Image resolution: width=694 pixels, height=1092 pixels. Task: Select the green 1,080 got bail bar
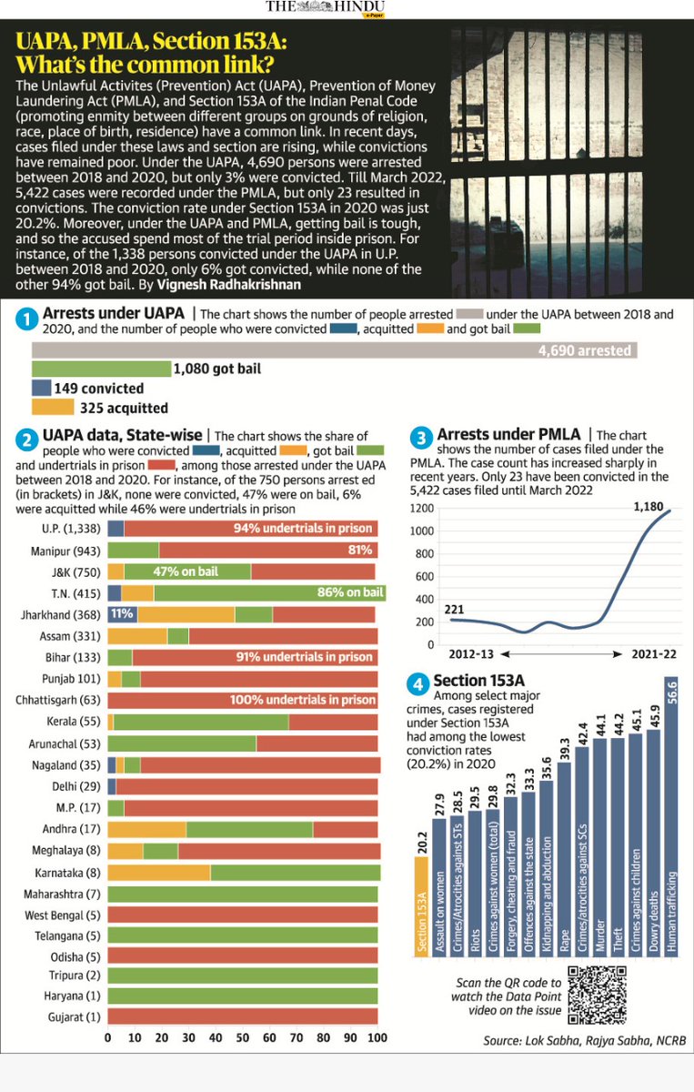(x=101, y=369)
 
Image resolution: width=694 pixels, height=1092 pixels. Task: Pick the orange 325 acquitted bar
(x=52, y=409)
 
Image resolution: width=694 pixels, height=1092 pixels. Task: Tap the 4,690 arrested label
(x=582, y=350)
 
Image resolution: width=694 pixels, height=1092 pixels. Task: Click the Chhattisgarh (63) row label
(x=58, y=700)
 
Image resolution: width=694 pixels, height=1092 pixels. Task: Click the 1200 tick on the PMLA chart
(x=421, y=509)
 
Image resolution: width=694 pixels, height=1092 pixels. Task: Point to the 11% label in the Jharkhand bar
(x=122, y=615)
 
